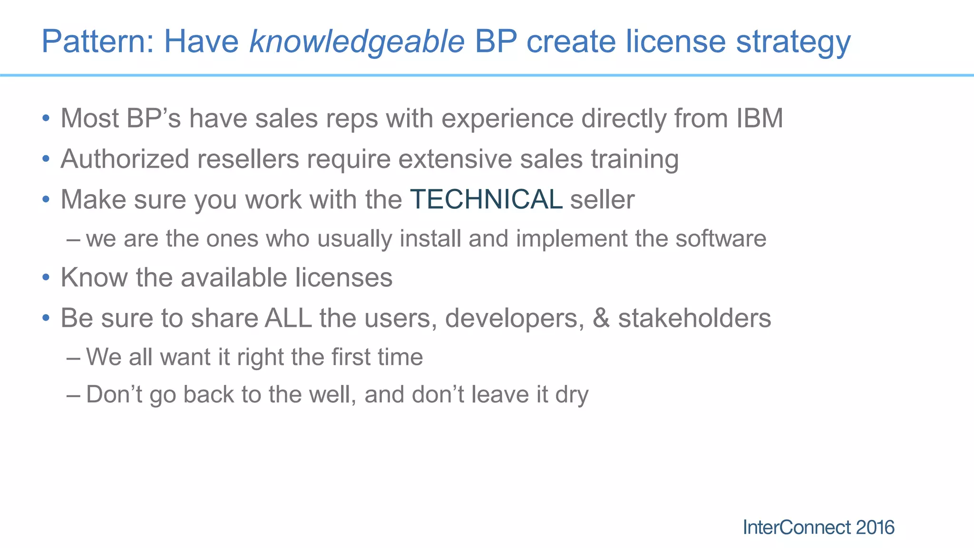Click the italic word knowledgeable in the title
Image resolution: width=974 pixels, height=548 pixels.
tap(357, 42)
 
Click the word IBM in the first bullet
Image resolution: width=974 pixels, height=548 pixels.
tap(760, 118)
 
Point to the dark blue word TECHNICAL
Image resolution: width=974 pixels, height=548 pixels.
tap(486, 199)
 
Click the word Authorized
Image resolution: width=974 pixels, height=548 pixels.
tap(125, 159)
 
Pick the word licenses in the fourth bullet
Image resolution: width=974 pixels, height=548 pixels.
tap(343, 277)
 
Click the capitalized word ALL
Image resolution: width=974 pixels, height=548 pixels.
tap(288, 318)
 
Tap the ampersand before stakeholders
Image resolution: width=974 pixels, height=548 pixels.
tap(601, 318)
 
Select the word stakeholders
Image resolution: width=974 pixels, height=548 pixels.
tap(694, 318)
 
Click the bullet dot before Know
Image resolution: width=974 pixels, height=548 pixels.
tap(46, 277)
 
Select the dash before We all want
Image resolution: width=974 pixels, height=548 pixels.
tap(73, 357)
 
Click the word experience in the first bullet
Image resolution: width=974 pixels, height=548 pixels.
tap(507, 118)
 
